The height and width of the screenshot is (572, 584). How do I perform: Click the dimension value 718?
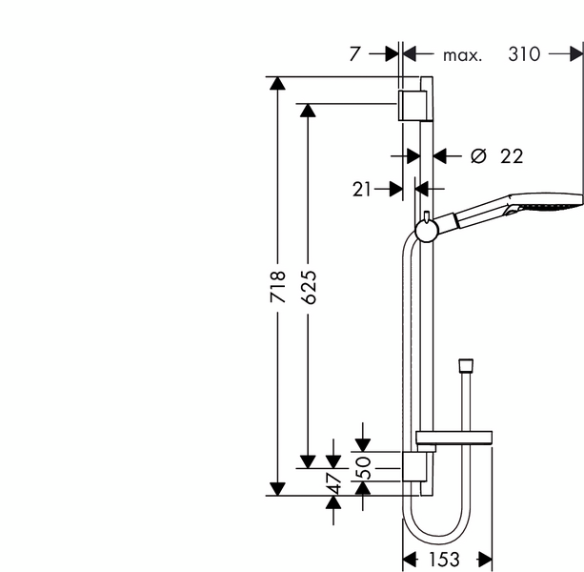277,287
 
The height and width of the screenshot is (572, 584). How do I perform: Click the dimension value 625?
307,287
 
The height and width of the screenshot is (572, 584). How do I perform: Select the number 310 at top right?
524,54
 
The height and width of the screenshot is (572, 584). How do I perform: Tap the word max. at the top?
462,55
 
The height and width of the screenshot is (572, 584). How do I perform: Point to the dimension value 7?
354,54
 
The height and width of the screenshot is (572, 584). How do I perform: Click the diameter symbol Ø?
479,155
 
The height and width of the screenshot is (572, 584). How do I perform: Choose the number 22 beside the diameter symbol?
512,155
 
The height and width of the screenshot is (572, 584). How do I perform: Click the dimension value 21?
361,189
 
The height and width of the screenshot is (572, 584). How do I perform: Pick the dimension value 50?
363,467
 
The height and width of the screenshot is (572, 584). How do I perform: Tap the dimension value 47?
333,482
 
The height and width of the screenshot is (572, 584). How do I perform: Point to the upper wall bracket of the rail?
412,107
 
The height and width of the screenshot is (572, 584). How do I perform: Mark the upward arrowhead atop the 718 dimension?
277,84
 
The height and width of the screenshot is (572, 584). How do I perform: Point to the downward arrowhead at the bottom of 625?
307,461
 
